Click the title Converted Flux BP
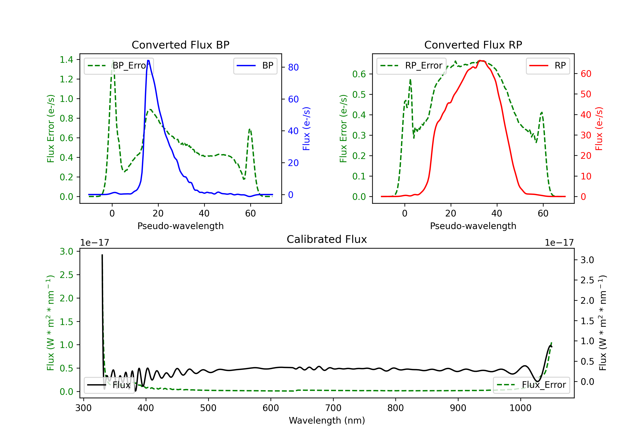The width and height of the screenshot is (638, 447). [180, 45]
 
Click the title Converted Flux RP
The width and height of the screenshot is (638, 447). [473, 45]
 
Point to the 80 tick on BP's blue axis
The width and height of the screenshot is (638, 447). [293, 67]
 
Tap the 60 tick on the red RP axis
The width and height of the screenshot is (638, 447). [586, 74]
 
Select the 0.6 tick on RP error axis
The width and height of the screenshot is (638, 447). [359, 74]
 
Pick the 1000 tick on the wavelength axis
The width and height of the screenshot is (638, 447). [520, 408]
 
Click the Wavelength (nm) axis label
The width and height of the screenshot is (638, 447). [327, 421]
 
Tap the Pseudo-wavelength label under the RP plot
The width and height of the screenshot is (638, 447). [473, 226]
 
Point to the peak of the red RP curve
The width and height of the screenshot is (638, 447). [480, 61]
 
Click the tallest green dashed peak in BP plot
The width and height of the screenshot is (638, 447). [113, 61]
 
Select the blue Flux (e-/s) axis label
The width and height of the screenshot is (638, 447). [306, 129]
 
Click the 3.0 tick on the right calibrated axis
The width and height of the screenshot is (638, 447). [587, 260]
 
